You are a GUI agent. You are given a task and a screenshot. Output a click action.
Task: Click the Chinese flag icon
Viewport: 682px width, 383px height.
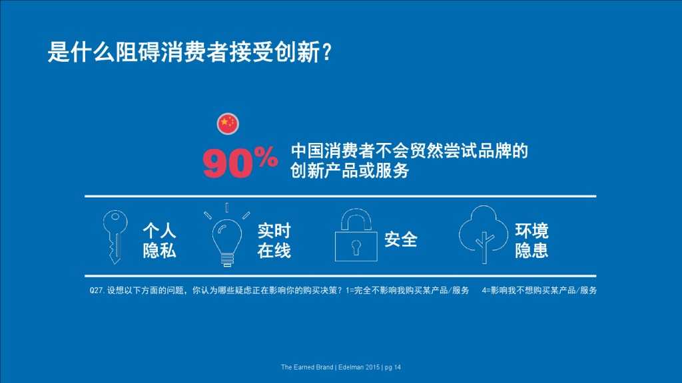pos(228,123)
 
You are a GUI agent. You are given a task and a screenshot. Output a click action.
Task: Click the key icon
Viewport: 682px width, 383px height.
pos(114,236)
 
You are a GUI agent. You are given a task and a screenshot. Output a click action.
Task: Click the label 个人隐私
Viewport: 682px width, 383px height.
pos(160,241)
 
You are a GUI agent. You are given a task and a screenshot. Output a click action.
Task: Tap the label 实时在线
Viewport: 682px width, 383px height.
pos(274,241)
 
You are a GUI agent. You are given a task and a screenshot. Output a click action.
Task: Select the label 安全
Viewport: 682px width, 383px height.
pos(401,239)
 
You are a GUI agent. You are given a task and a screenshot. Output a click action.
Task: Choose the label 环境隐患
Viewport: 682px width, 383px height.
pos(531,241)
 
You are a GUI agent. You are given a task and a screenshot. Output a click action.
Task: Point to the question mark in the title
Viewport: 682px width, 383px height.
pos(326,53)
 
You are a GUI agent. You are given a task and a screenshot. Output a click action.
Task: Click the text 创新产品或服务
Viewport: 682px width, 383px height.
pos(350,171)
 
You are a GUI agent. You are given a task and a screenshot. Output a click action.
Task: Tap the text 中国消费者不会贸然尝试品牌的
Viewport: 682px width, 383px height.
pos(409,150)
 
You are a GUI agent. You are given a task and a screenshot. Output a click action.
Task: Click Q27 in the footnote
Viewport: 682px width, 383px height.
pos(97,291)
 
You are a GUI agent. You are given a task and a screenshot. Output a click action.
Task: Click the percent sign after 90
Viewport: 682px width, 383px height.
pos(266,158)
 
